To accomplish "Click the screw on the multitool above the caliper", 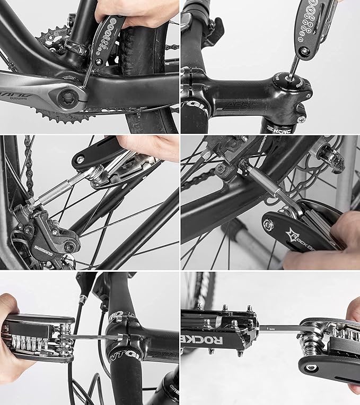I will coord(80,159).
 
